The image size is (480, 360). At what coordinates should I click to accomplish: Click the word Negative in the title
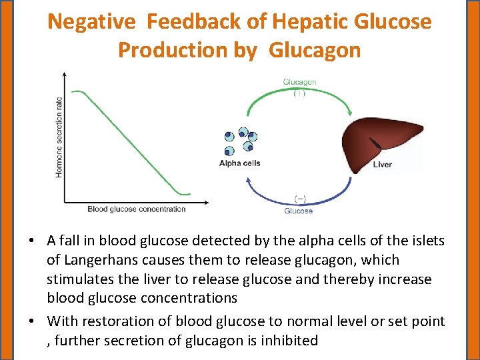click(x=93, y=22)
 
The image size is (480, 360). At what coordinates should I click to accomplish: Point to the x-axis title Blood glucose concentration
click(x=137, y=209)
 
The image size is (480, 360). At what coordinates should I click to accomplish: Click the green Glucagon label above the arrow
click(x=299, y=82)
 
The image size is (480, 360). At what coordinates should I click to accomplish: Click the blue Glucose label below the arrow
click(x=298, y=211)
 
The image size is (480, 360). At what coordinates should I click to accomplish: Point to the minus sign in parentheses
click(x=300, y=199)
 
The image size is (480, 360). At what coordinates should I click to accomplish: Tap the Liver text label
click(x=383, y=165)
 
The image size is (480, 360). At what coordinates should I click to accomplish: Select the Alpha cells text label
click(x=239, y=163)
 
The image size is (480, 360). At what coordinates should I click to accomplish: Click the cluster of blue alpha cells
click(x=239, y=141)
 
